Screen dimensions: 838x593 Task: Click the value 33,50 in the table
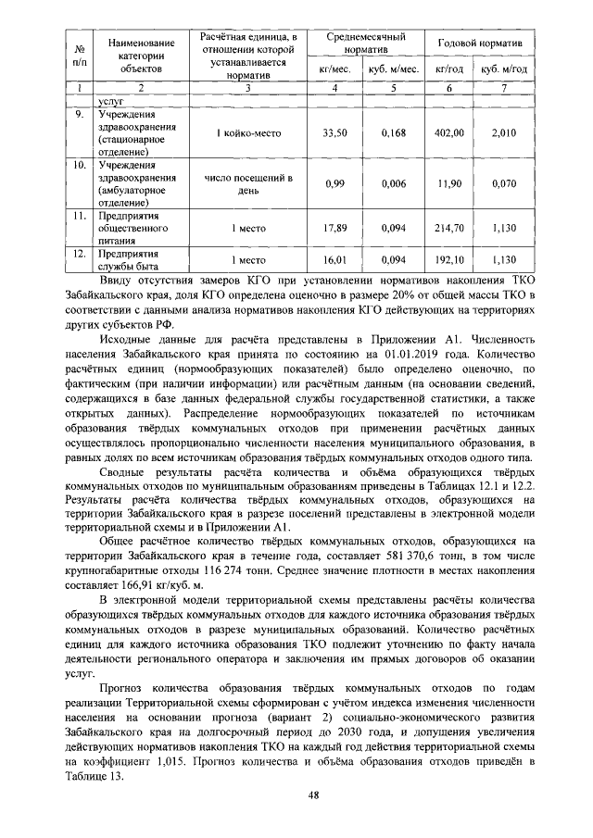(334, 133)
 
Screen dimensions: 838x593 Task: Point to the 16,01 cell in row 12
(334, 261)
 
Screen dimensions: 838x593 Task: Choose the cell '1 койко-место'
(247, 133)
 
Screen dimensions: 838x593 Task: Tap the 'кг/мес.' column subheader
(334, 69)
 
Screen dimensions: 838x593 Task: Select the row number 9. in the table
(81, 115)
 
